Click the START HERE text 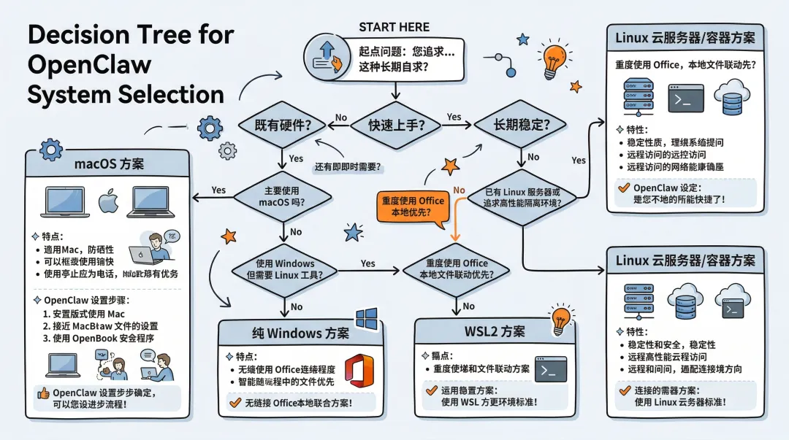pos(394,28)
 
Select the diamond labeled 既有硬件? pos(282,125)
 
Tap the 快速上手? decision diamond pos(395,125)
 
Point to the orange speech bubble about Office pos(412,207)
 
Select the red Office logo pos(359,371)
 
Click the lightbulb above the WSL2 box pos(561,316)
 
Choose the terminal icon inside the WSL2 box pos(552,368)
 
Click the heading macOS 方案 pos(109,164)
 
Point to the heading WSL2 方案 pos(495,331)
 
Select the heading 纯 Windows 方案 pos(300,333)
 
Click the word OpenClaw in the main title pos(89,65)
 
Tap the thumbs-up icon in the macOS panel pos(42,393)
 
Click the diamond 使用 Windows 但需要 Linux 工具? pos(285,269)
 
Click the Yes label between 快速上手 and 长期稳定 pos(454,117)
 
